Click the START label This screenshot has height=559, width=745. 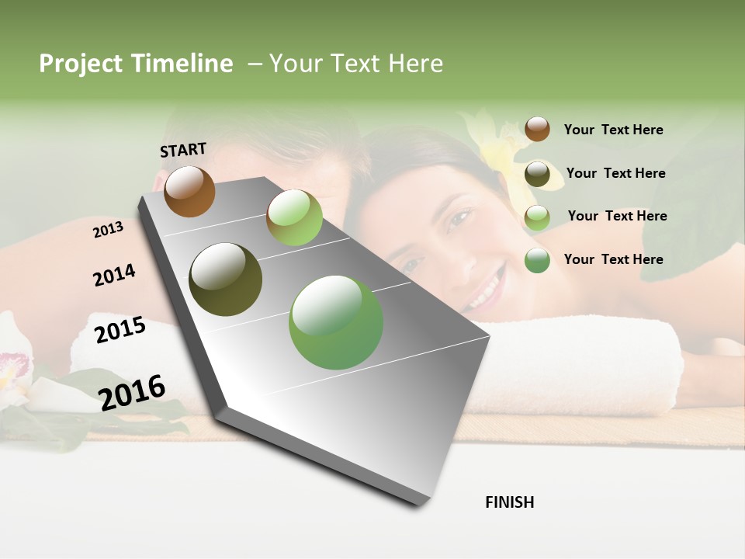coord(183,149)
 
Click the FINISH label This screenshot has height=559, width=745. coord(509,502)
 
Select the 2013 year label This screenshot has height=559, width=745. coord(108,229)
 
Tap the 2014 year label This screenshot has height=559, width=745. coord(114,276)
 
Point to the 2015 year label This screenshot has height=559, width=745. coord(120,330)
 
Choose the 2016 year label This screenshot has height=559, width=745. coord(132,392)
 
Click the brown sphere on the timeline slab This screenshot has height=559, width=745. coord(189,191)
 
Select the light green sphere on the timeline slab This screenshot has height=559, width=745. coord(294,217)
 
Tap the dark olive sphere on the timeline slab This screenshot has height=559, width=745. coord(226,279)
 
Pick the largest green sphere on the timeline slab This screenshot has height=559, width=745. coord(336,322)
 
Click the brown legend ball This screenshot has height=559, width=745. coord(537,129)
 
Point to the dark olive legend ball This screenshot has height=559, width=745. coord(537,174)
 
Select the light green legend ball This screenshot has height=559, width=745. coord(537,217)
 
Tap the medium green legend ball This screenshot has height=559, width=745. coord(537,260)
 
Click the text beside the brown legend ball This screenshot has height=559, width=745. coord(613,130)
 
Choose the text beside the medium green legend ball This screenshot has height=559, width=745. coord(613,259)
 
